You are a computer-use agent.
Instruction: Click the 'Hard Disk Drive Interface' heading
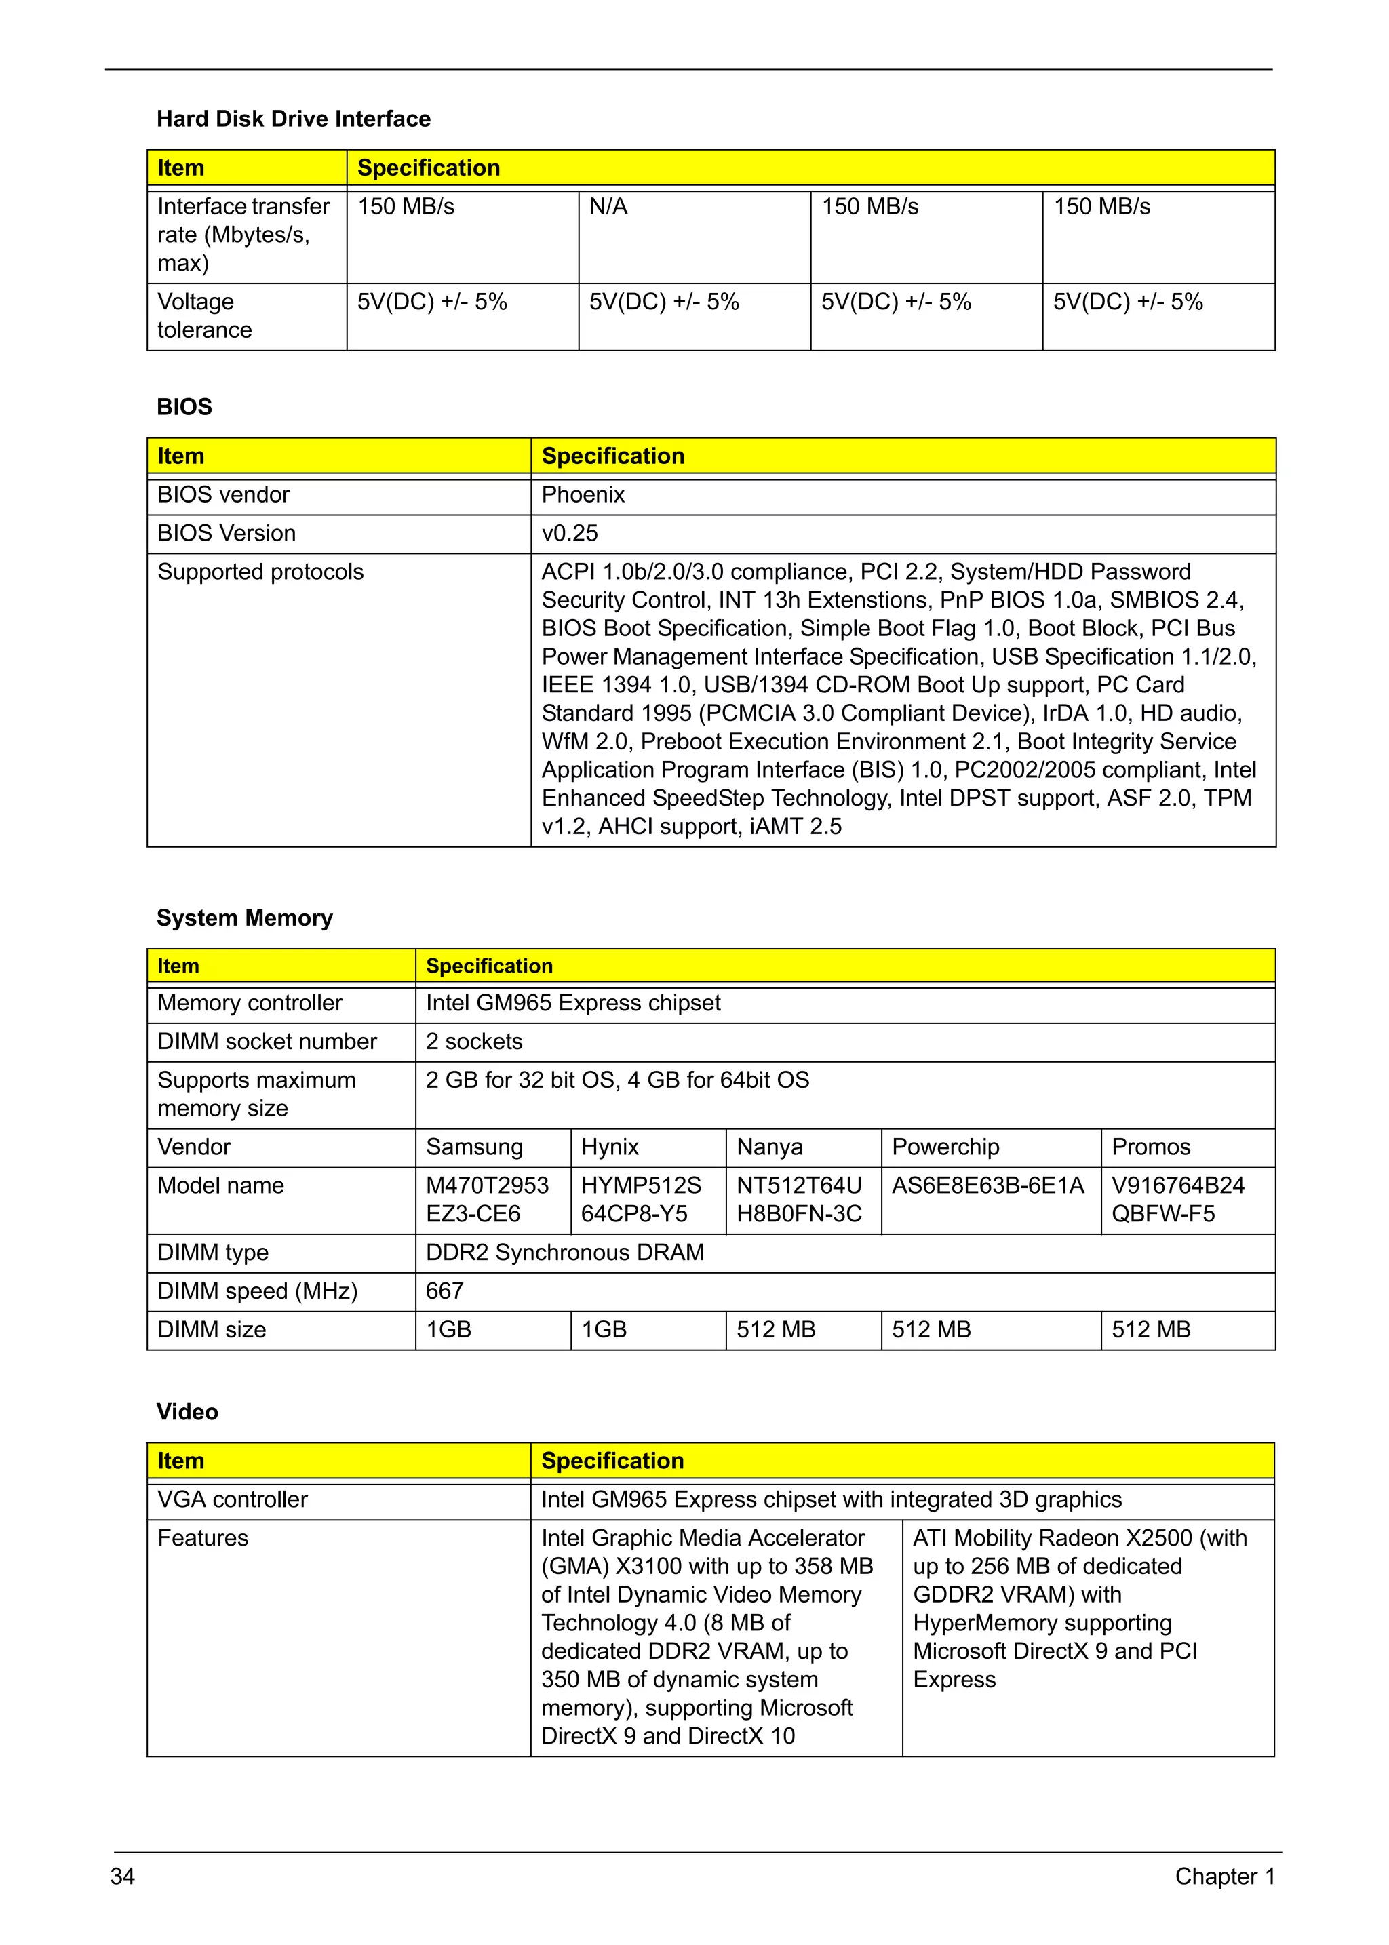coord(294,119)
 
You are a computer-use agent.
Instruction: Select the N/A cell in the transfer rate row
coord(608,207)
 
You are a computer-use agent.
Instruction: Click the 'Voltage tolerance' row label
coord(204,315)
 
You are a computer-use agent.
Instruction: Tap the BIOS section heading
coord(184,407)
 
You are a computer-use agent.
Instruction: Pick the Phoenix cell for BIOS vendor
coord(583,495)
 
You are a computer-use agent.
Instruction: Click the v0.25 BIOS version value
coord(570,534)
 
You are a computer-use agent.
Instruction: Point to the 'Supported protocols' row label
coord(260,572)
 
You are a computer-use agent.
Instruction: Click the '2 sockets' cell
coord(474,1042)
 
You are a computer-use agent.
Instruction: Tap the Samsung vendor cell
coord(474,1147)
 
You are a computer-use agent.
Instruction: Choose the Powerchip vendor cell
coord(945,1147)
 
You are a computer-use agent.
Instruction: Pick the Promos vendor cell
coord(1150,1147)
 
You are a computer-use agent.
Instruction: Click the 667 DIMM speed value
coord(445,1291)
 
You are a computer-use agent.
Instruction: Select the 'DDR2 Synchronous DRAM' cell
coord(564,1253)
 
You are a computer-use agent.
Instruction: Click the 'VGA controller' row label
coord(232,1500)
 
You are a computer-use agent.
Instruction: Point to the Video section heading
coord(187,1412)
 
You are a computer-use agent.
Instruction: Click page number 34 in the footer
coord(123,1877)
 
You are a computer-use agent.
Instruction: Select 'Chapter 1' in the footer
coord(1224,1877)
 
